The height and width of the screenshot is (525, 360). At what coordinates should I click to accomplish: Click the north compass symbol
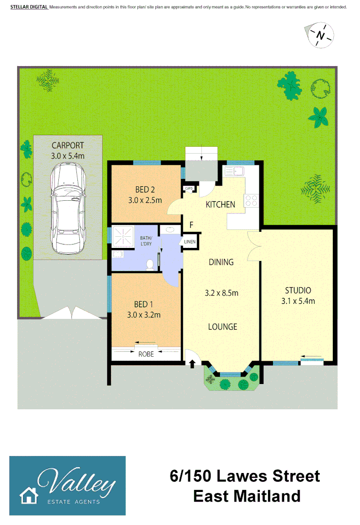(320, 35)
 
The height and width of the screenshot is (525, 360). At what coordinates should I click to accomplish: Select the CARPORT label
(68, 145)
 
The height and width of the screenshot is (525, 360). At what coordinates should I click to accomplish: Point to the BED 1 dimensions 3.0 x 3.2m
(141, 315)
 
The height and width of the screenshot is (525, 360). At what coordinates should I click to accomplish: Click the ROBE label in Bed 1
(146, 354)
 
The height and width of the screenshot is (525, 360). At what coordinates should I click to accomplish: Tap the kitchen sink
(235, 171)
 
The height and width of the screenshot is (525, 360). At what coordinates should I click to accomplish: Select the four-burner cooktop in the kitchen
(252, 201)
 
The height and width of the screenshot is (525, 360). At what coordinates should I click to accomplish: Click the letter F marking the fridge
(192, 225)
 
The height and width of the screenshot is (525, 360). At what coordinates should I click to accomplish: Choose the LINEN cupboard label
(190, 242)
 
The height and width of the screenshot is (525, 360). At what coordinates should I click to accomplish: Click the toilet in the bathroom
(150, 263)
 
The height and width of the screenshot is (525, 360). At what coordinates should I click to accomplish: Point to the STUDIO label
(298, 291)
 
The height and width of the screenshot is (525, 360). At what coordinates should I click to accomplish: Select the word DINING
(221, 262)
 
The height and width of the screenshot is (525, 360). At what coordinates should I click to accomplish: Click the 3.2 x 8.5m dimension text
(221, 293)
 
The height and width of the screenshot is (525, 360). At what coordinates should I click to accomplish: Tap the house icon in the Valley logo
(29, 495)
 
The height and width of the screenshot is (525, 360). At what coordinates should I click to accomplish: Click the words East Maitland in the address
(247, 496)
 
